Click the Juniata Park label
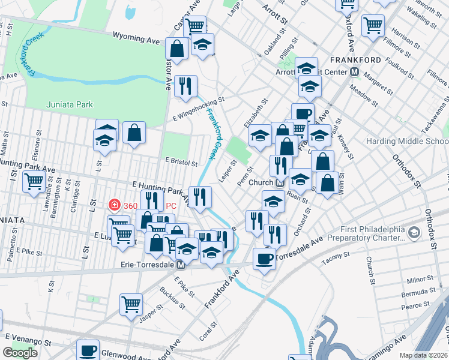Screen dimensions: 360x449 coord(70,104)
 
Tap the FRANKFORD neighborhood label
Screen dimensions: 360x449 coord(355,60)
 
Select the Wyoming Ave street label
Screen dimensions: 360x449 coord(136,39)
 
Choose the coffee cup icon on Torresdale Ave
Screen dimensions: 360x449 coord(264,259)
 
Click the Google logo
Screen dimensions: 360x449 coord(20,353)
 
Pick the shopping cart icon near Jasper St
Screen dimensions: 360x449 coord(131,304)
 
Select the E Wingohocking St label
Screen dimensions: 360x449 coord(198,109)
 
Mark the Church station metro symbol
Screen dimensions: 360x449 coord(280,182)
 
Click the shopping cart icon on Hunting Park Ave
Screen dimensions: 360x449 coord(34,181)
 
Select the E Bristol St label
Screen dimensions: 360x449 coord(181,162)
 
